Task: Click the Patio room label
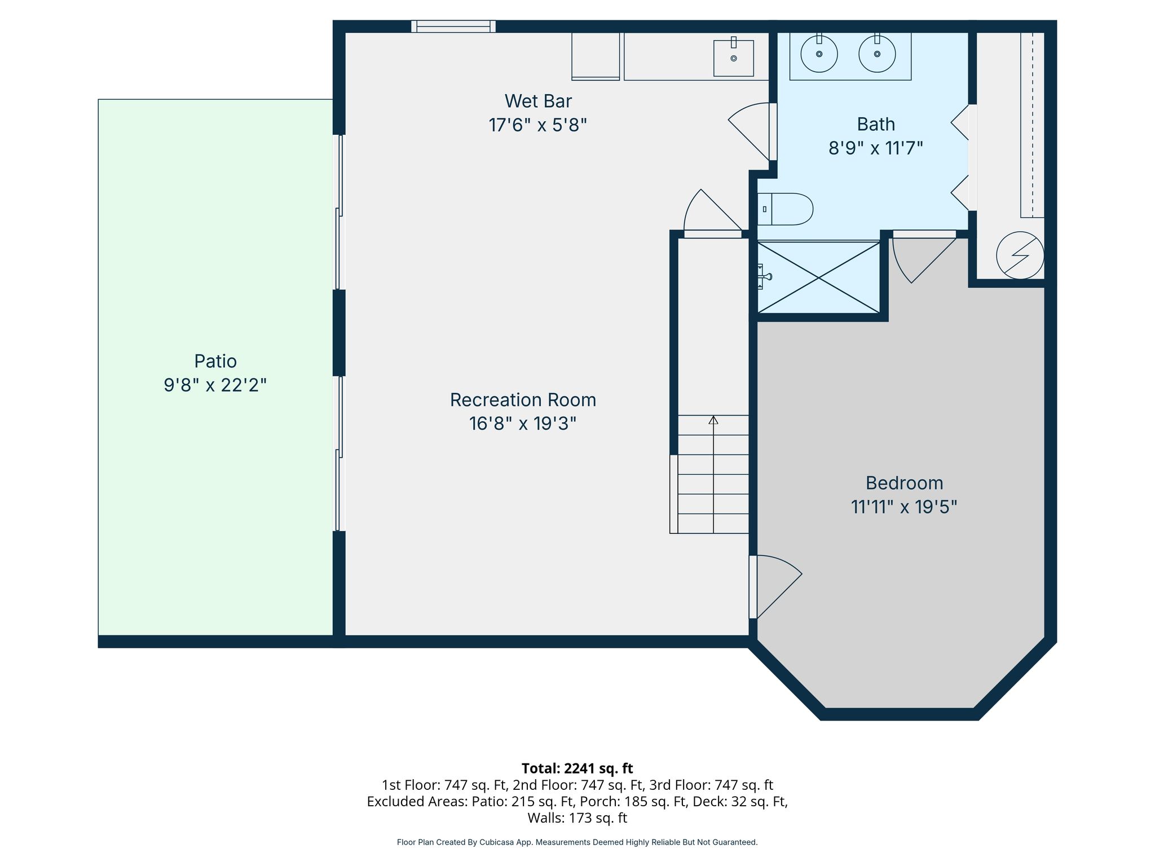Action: (215, 361)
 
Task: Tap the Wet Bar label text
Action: (538, 101)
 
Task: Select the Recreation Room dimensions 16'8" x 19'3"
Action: (523, 423)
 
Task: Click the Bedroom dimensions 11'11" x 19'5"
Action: (904, 507)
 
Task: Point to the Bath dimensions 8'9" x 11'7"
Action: (875, 148)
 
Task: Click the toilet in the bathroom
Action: (785, 209)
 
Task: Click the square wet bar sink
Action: (734, 58)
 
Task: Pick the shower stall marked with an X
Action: (818, 277)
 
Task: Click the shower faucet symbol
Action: (764, 276)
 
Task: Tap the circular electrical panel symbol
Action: (1020, 255)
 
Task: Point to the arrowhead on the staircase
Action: (713, 420)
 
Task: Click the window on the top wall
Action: (453, 26)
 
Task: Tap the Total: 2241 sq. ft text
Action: (577, 768)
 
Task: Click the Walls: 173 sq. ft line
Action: (577, 818)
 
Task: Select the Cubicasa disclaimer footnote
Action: (577, 842)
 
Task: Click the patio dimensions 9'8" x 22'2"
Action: (215, 385)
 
